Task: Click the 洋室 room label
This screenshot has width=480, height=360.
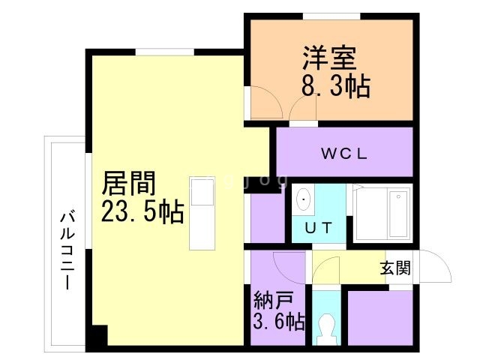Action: tap(329, 58)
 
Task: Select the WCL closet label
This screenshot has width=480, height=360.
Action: tap(344, 154)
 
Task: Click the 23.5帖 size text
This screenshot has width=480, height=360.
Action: tap(142, 213)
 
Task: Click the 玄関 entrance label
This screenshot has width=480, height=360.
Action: tap(394, 268)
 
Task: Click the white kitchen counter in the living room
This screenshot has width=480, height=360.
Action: tap(202, 214)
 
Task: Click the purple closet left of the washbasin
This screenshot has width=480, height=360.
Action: tap(265, 217)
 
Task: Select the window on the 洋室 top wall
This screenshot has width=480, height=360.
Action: tap(331, 16)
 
